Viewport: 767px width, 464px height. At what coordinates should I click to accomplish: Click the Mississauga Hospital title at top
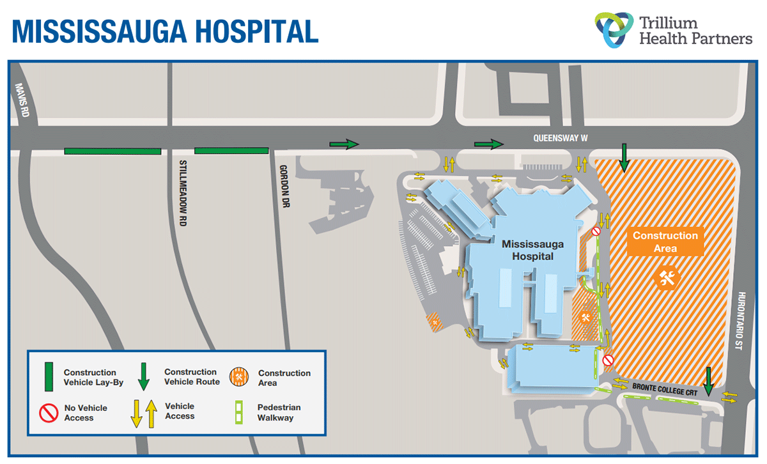click(x=165, y=30)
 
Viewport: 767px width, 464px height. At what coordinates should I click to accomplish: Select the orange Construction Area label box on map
click(x=665, y=241)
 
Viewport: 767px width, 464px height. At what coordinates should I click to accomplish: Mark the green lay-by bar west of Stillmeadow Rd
click(x=112, y=151)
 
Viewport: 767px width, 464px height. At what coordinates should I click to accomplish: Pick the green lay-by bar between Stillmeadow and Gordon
click(x=231, y=151)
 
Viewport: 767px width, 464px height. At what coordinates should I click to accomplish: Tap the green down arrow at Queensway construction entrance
click(x=624, y=157)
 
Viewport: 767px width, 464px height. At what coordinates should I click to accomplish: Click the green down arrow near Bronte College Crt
click(x=708, y=382)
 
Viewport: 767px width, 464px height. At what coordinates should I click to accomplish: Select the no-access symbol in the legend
click(x=49, y=413)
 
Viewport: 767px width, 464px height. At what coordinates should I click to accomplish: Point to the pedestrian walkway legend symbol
click(x=238, y=412)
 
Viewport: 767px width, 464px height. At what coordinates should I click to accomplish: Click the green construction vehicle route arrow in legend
click(x=144, y=376)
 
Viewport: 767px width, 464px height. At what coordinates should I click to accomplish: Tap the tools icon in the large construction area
click(x=667, y=277)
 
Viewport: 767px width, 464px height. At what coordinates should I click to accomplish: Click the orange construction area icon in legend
click(x=239, y=377)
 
